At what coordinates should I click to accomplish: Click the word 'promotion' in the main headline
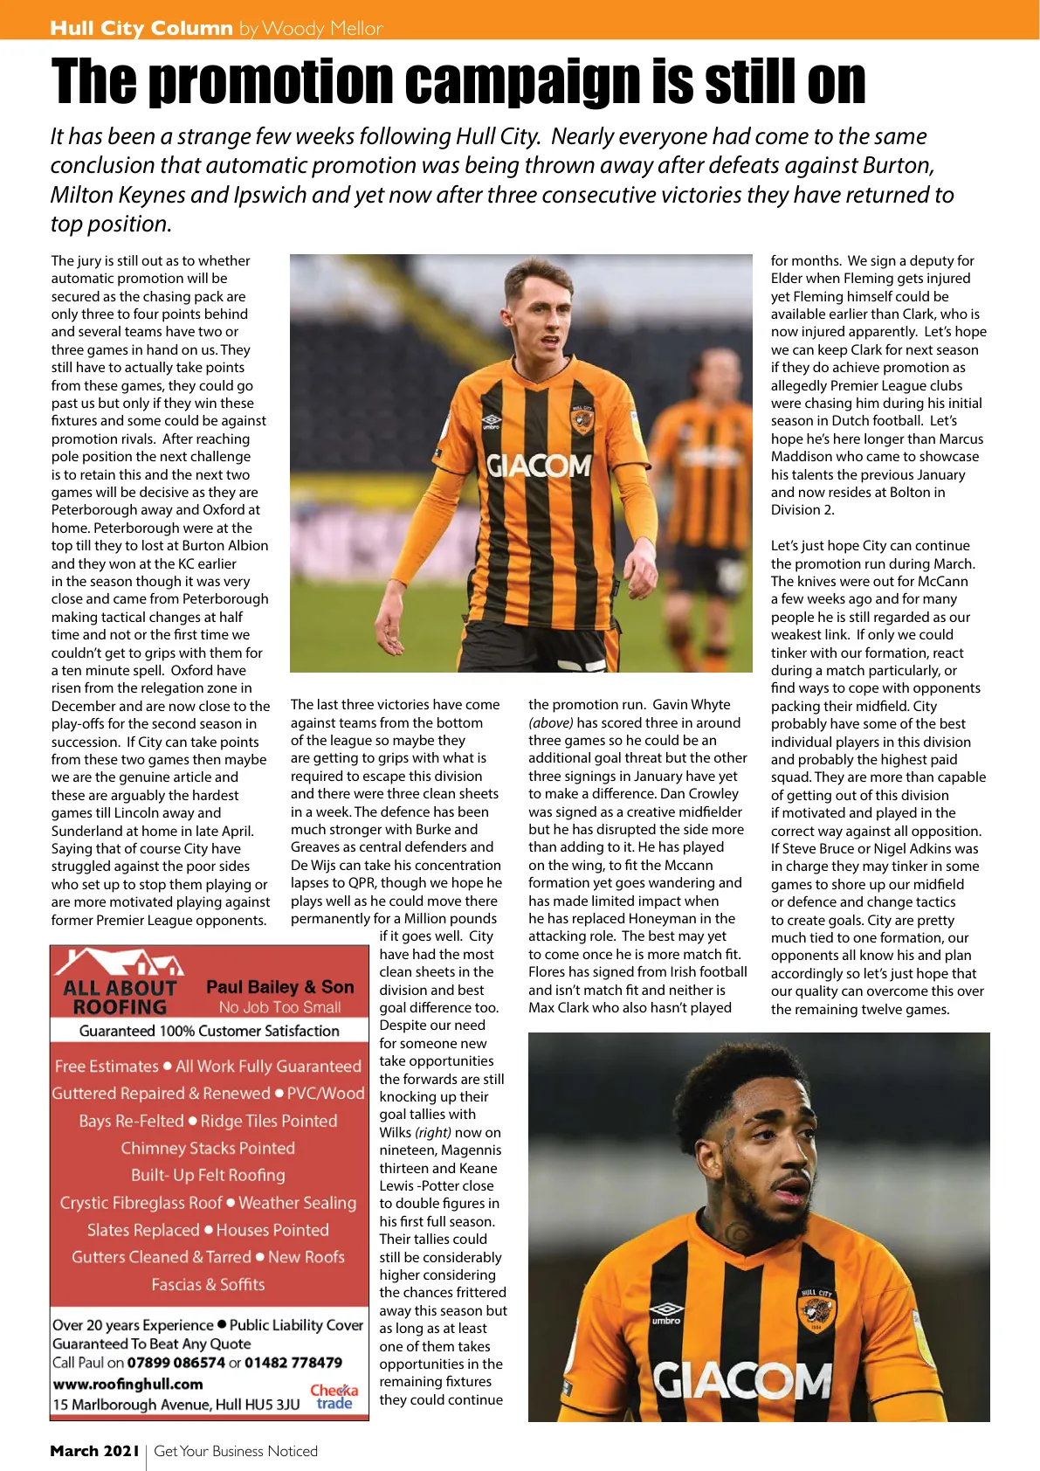271,81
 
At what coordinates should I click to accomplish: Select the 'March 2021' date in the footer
94,1451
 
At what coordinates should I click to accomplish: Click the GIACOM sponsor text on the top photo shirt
539,466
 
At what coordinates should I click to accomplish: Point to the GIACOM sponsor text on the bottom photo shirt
742,1381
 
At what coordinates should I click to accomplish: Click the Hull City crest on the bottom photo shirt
816,1311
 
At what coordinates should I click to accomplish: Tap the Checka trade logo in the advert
334,1396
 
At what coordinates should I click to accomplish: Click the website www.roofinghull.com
127,1384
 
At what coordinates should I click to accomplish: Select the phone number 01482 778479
293,1363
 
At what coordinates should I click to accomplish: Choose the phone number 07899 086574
176,1363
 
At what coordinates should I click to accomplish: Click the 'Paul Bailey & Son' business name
280,987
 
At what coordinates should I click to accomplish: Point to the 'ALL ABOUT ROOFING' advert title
120,997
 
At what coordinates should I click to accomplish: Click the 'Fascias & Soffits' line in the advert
208,1284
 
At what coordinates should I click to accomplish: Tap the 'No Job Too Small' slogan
280,1007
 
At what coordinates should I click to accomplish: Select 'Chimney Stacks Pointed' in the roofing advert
208,1148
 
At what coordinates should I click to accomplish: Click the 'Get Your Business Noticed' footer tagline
236,1451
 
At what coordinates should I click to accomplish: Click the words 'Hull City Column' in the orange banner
141,28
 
